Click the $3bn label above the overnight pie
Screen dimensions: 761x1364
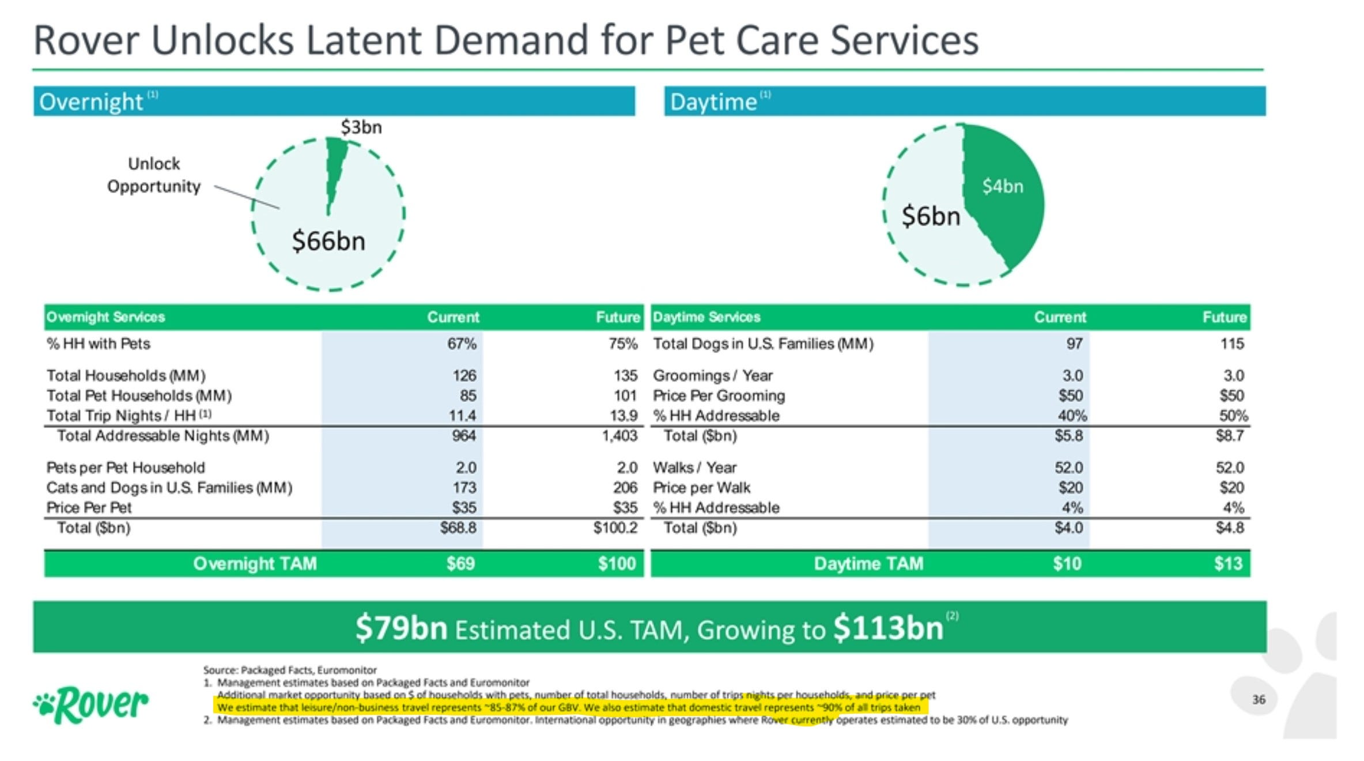pyautogui.click(x=361, y=127)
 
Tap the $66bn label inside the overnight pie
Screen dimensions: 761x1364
pyautogui.click(x=328, y=240)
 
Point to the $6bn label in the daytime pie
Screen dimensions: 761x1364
pyautogui.click(x=931, y=216)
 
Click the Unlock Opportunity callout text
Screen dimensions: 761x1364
pyautogui.click(x=154, y=175)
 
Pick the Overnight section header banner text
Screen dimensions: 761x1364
pyautogui.click(x=91, y=102)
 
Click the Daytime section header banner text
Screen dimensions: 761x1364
pyautogui.click(x=713, y=102)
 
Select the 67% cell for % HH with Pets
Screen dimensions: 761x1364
pyautogui.click(x=462, y=344)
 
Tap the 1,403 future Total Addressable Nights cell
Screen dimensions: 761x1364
pyautogui.click(x=619, y=435)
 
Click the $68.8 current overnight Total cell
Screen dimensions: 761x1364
pyautogui.click(x=458, y=528)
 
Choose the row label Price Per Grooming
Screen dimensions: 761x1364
pyautogui.click(x=719, y=395)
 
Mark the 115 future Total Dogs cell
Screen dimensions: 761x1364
pyautogui.click(x=1232, y=344)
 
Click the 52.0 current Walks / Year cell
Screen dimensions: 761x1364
pyautogui.click(x=1068, y=467)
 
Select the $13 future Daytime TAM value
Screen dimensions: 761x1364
pyautogui.click(x=1228, y=563)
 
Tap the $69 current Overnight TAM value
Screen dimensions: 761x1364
pyautogui.click(x=460, y=563)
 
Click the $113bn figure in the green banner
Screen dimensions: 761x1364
pyautogui.click(x=888, y=628)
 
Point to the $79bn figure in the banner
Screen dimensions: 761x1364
pyautogui.click(x=401, y=628)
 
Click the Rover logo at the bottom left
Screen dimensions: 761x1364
pyautogui.click(x=91, y=705)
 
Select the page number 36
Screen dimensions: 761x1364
pyautogui.click(x=1259, y=699)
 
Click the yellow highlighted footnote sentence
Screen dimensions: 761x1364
pyautogui.click(x=568, y=707)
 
